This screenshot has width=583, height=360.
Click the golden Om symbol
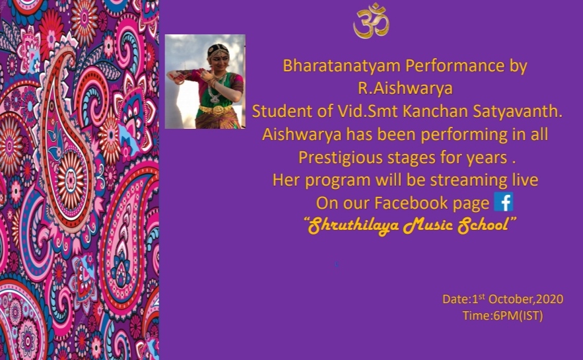[x=371, y=21]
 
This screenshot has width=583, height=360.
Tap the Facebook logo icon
[x=504, y=202]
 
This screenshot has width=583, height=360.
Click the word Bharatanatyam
[x=341, y=66]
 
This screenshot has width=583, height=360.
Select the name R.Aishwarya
[x=405, y=89]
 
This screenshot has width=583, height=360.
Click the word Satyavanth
[x=518, y=111]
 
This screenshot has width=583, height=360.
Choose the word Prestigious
[x=340, y=158]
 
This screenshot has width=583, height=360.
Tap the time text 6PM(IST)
[x=518, y=316]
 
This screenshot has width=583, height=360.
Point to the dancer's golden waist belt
[x=216, y=110]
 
